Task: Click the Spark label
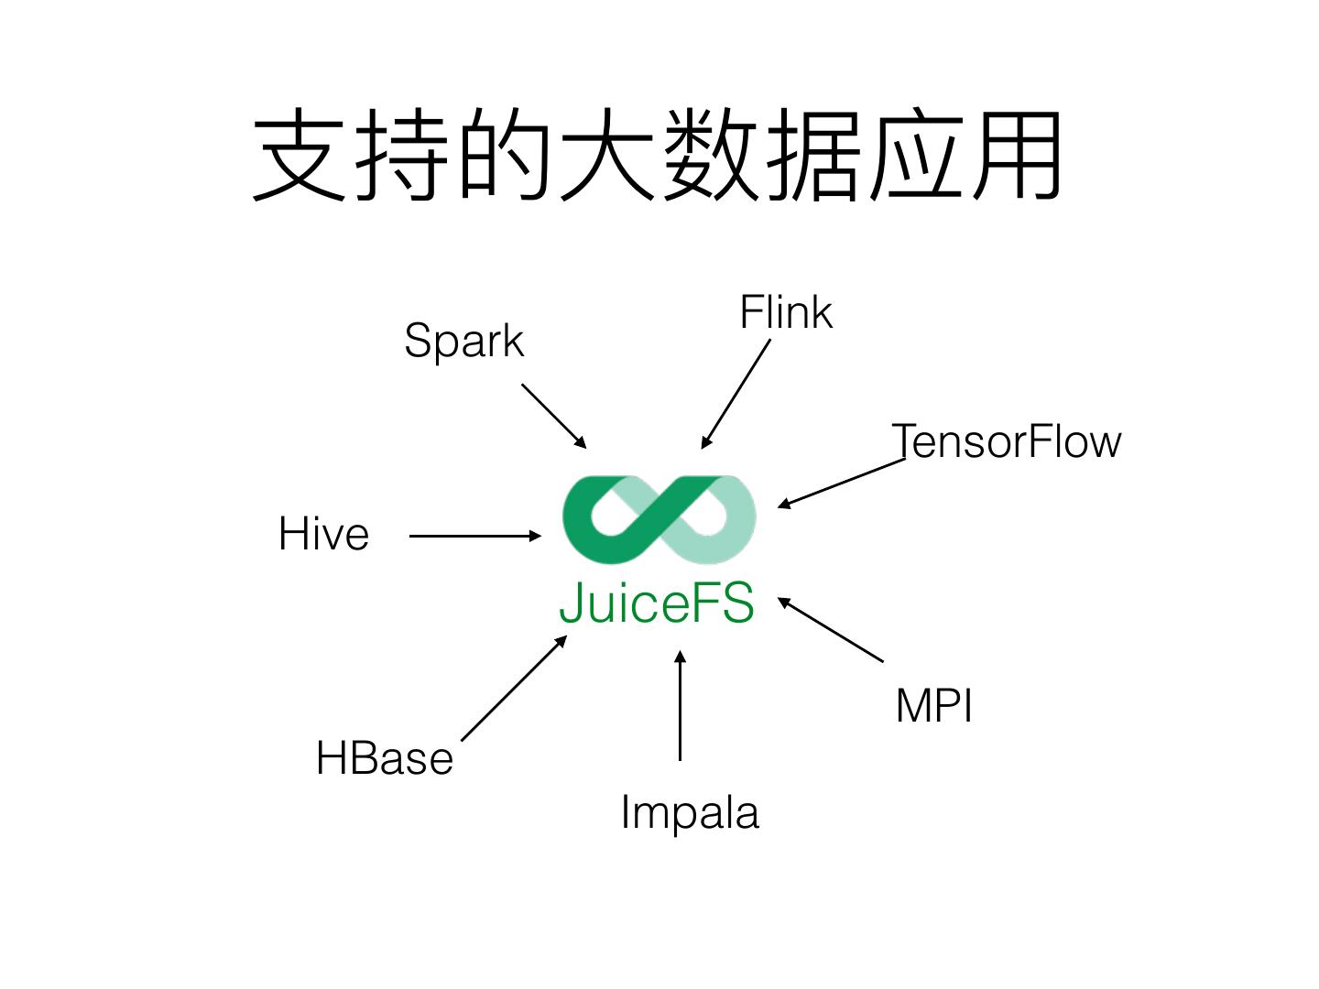click(463, 342)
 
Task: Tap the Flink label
click(785, 313)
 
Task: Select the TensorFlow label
click(1007, 441)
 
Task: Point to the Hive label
click(323, 534)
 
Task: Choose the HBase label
click(385, 758)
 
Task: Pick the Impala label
click(690, 812)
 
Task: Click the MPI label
click(933, 706)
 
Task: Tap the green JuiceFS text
click(657, 603)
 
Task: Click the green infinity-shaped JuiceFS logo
click(659, 519)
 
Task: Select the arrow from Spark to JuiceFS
click(553, 416)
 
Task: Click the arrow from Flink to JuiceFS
click(736, 394)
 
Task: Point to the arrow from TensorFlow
click(841, 483)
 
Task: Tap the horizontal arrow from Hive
click(475, 536)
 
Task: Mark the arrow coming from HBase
click(514, 688)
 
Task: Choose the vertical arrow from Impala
click(680, 705)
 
